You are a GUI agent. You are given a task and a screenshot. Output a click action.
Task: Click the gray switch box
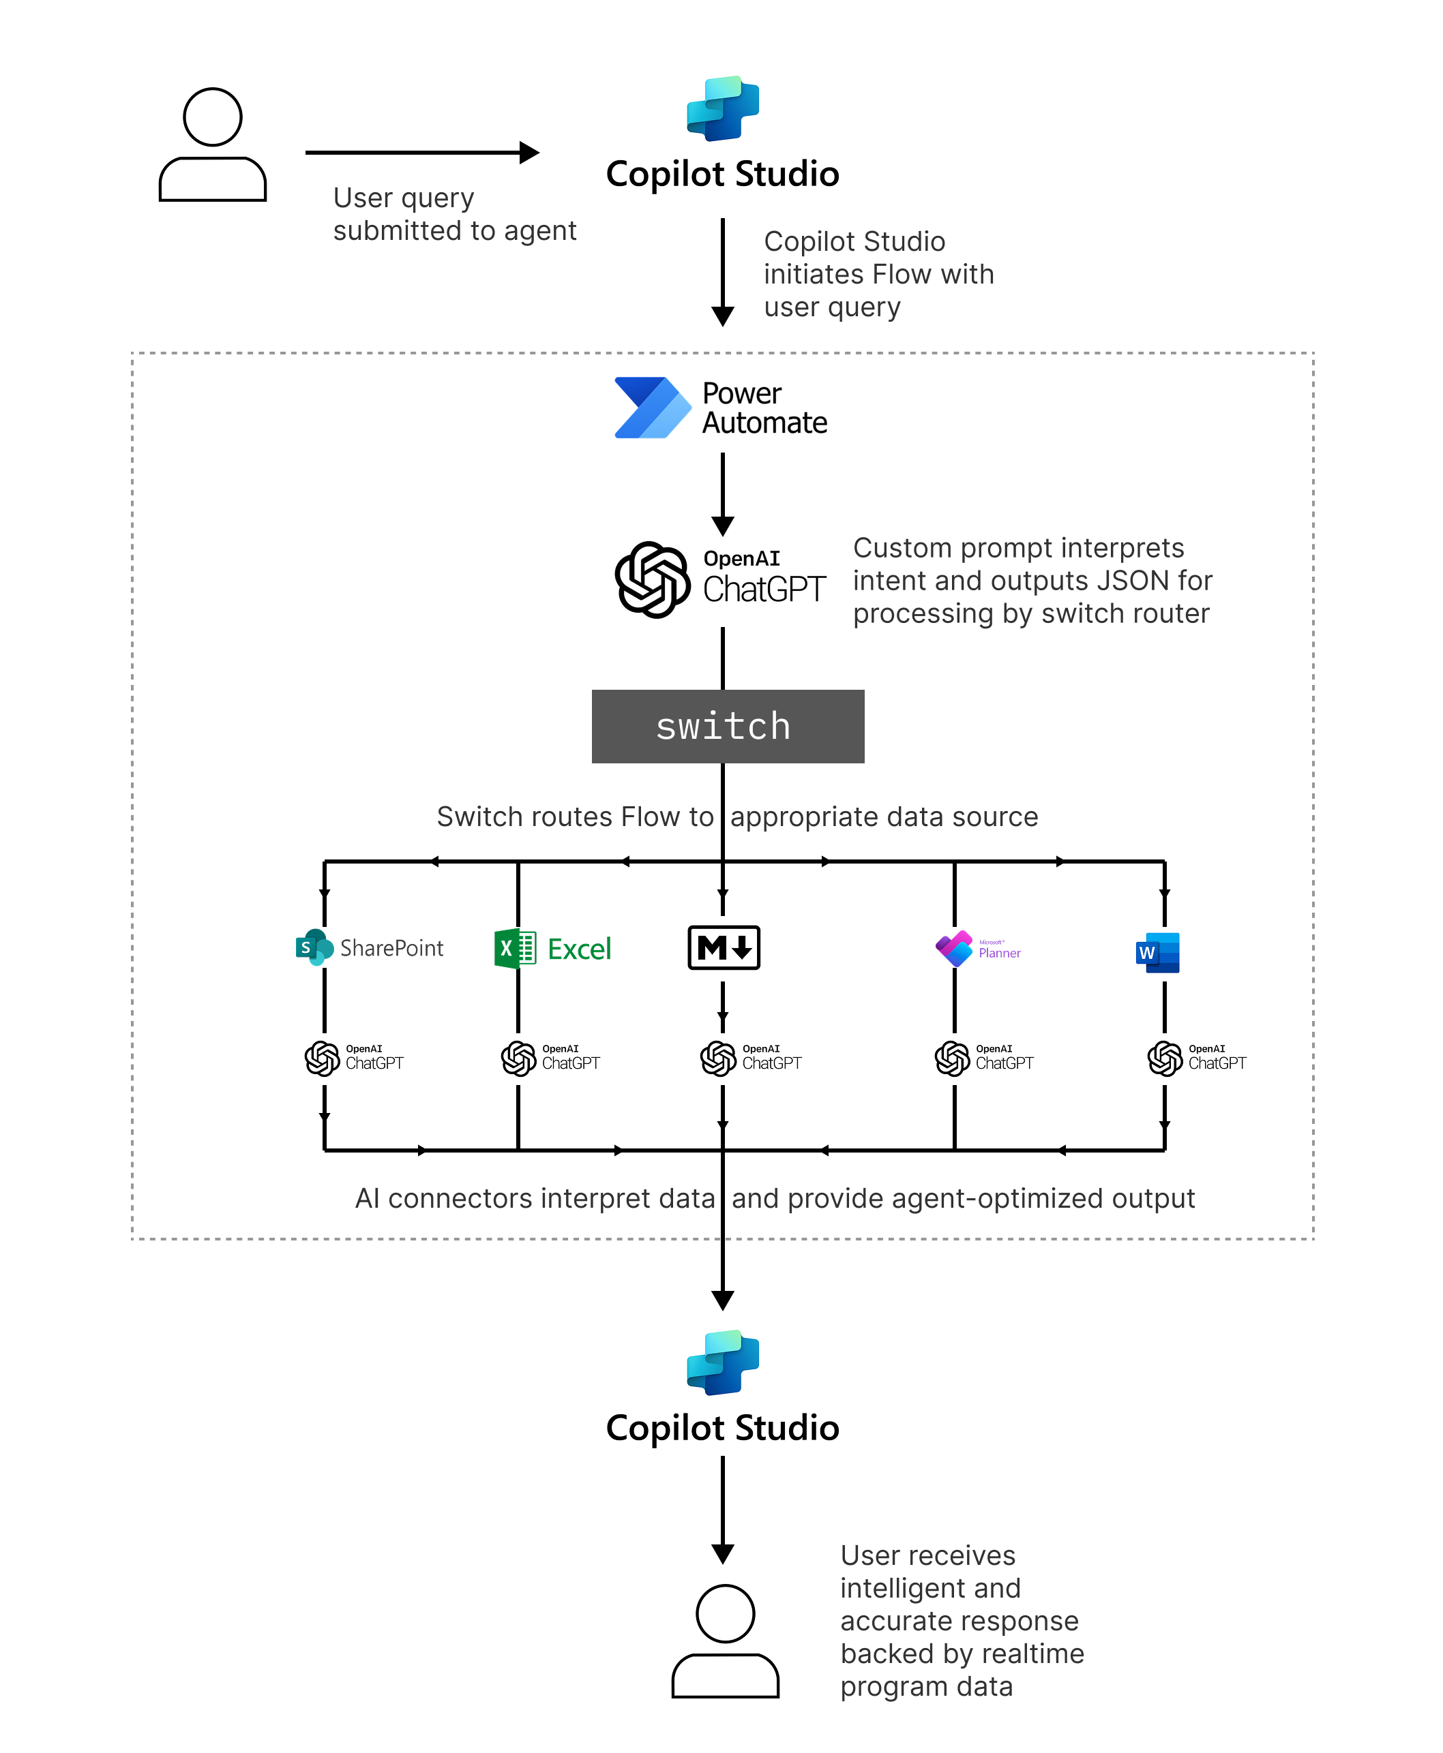[x=728, y=726]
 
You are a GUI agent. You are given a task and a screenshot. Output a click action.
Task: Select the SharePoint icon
[x=314, y=947]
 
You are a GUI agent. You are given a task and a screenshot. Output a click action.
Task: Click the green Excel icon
[x=516, y=948]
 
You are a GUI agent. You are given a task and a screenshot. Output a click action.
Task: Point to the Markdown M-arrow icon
[x=723, y=947]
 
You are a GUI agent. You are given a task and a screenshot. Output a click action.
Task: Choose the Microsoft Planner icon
[x=954, y=948]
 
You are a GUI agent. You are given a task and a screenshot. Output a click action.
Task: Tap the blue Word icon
[x=1157, y=952]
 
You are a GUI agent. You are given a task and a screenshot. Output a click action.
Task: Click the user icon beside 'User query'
[x=213, y=144]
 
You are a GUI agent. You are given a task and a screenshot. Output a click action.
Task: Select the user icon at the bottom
[x=725, y=1641]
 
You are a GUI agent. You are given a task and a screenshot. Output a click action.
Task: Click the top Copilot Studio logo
[x=722, y=109]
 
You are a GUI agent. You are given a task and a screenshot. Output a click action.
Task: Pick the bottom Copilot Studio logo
[x=722, y=1362]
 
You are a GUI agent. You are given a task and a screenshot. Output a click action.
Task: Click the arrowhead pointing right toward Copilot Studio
[x=529, y=153]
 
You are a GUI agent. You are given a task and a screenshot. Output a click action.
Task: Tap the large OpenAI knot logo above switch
[x=653, y=580]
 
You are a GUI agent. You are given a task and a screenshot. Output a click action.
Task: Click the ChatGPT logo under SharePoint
[x=322, y=1058]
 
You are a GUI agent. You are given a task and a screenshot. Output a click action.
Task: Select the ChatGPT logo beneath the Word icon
[x=1165, y=1058]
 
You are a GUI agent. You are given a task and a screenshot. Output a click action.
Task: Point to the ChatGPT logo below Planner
[x=952, y=1058]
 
